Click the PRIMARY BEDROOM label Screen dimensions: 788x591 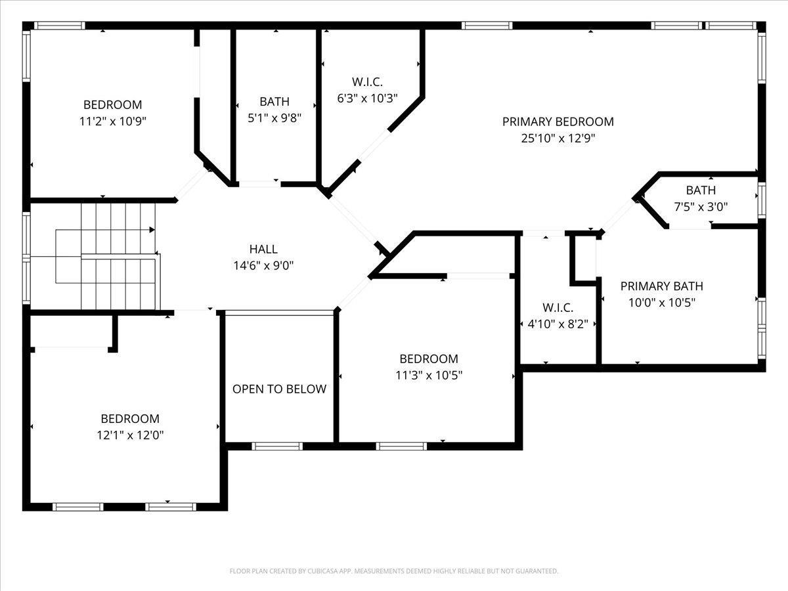[558, 122]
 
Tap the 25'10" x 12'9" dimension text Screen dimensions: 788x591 [558, 138]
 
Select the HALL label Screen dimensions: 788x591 [263, 249]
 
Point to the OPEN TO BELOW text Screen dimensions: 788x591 [279, 389]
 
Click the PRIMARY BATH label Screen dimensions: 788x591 [662, 286]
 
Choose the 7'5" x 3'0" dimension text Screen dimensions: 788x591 [701, 207]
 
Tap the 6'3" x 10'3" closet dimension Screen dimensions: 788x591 [367, 98]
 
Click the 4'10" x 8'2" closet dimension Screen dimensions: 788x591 [558, 324]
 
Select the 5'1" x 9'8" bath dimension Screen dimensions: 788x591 [274, 118]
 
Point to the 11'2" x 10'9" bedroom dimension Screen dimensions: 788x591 [113, 121]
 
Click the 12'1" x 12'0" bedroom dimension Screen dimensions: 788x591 [130, 435]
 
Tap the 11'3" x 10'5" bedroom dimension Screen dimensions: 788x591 [429, 376]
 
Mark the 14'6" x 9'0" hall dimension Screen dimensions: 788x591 [263, 265]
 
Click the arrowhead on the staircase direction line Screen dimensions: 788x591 [152, 230]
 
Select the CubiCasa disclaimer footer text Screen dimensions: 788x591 [394, 571]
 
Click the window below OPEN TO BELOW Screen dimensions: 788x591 [277, 447]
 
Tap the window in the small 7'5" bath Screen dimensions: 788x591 [762, 200]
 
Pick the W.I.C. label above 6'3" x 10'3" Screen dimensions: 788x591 [367, 82]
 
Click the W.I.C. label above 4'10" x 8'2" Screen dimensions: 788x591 [558, 308]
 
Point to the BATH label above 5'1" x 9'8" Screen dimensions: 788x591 [274, 102]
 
